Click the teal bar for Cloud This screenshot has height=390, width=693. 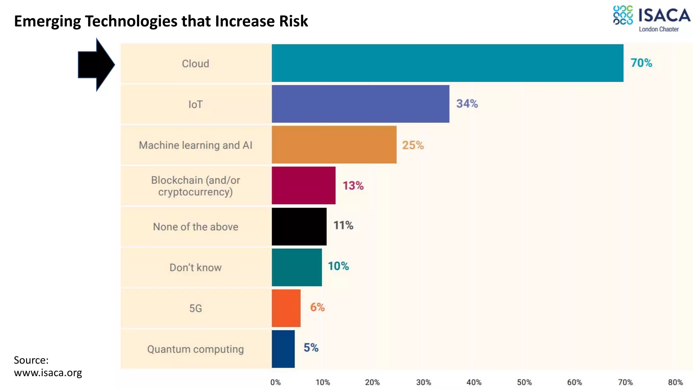point(447,63)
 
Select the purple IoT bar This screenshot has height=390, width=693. point(360,104)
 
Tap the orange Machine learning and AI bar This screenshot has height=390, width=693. point(334,145)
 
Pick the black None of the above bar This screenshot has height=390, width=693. point(299,226)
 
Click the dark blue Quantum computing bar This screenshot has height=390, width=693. point(283,349)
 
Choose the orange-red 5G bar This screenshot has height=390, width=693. point(286,308)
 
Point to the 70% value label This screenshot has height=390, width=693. point(641,63)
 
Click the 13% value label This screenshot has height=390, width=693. point(353,186)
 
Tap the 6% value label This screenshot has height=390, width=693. point(317,307)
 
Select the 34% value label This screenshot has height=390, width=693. point(467,104)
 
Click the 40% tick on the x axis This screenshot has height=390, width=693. point(474,383)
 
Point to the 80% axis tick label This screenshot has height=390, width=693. point(675,383)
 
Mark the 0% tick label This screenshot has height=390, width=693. point(275,383)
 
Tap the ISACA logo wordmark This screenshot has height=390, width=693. point(664,16)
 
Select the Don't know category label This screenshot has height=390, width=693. point(195,267)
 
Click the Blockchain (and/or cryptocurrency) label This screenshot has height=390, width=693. point(195,186)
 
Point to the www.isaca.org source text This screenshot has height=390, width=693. point(48,373)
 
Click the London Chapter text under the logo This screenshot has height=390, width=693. point(658,29)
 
